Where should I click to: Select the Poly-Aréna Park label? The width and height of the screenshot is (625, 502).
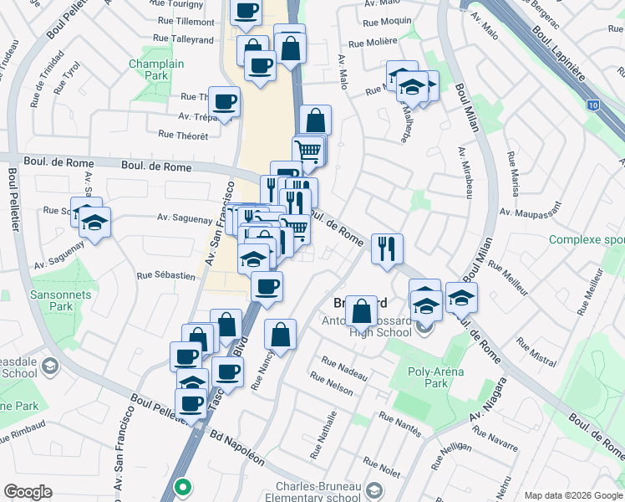pos(437,377)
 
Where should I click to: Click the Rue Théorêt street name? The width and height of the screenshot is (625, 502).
pos(183,135)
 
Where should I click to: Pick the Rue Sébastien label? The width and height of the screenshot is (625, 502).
pos(165,274)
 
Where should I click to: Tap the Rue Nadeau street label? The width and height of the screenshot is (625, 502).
pos(344,371)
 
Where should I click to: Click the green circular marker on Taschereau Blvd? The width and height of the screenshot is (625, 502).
pos(181,485)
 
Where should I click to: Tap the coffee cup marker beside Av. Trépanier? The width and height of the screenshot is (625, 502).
pos(224,103)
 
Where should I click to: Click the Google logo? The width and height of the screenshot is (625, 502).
pos(28,491)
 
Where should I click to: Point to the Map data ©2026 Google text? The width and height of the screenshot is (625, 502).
pos(572,494)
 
